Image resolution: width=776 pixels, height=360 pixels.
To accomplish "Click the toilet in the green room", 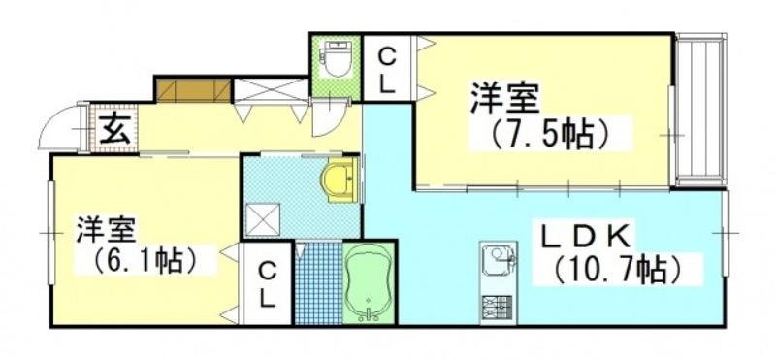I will tap(336, 61).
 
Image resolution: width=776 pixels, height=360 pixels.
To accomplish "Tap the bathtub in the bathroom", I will tap(369, 282).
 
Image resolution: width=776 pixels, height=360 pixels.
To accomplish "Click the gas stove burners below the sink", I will tap(499, 307).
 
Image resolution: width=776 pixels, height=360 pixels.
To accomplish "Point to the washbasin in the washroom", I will tap(338, 180).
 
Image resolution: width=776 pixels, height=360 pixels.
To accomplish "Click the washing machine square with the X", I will tap(262, 219).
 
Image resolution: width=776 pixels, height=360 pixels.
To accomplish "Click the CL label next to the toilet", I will tap(386, 68).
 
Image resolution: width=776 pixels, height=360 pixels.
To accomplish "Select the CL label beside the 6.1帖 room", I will tap(270, 283).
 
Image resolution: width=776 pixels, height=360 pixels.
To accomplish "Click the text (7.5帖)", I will tap(551, 133).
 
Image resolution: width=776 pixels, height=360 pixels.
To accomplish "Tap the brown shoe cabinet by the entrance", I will tap(193, 88).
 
